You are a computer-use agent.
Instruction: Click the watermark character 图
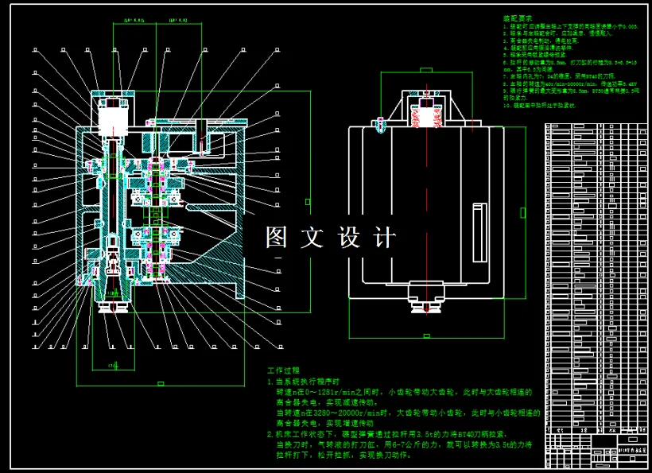[x=277, y=237]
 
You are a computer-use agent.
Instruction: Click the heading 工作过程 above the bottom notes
[x=283, y=370]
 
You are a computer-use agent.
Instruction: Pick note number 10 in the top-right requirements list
[x=506, y=104]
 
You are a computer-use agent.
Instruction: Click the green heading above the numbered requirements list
[x=518, y=18]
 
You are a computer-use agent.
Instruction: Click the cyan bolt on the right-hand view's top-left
[x=380, y=126]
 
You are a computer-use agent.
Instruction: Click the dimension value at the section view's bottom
[x=114, y=365]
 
